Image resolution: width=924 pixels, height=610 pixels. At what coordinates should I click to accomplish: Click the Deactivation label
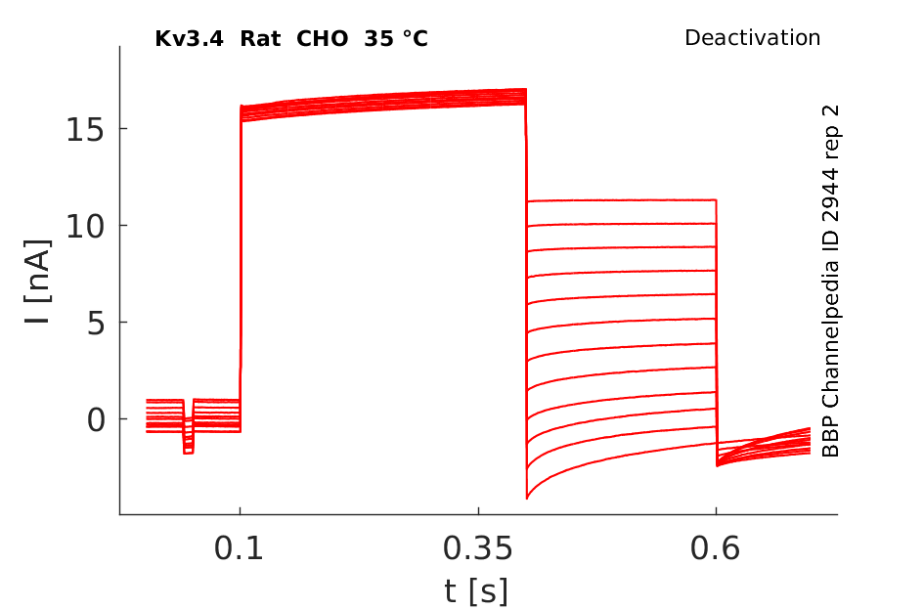(752, 38)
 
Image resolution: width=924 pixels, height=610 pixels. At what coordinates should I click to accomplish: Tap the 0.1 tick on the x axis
(240, 549)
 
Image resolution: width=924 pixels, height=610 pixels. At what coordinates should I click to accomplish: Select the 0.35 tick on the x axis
(477, 549)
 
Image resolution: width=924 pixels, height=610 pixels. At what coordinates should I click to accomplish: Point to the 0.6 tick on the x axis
(716, 549)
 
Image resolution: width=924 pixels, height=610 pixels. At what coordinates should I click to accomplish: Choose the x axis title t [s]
(476, 590)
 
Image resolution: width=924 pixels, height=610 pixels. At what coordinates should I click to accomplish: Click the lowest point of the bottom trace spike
(527, 499)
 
